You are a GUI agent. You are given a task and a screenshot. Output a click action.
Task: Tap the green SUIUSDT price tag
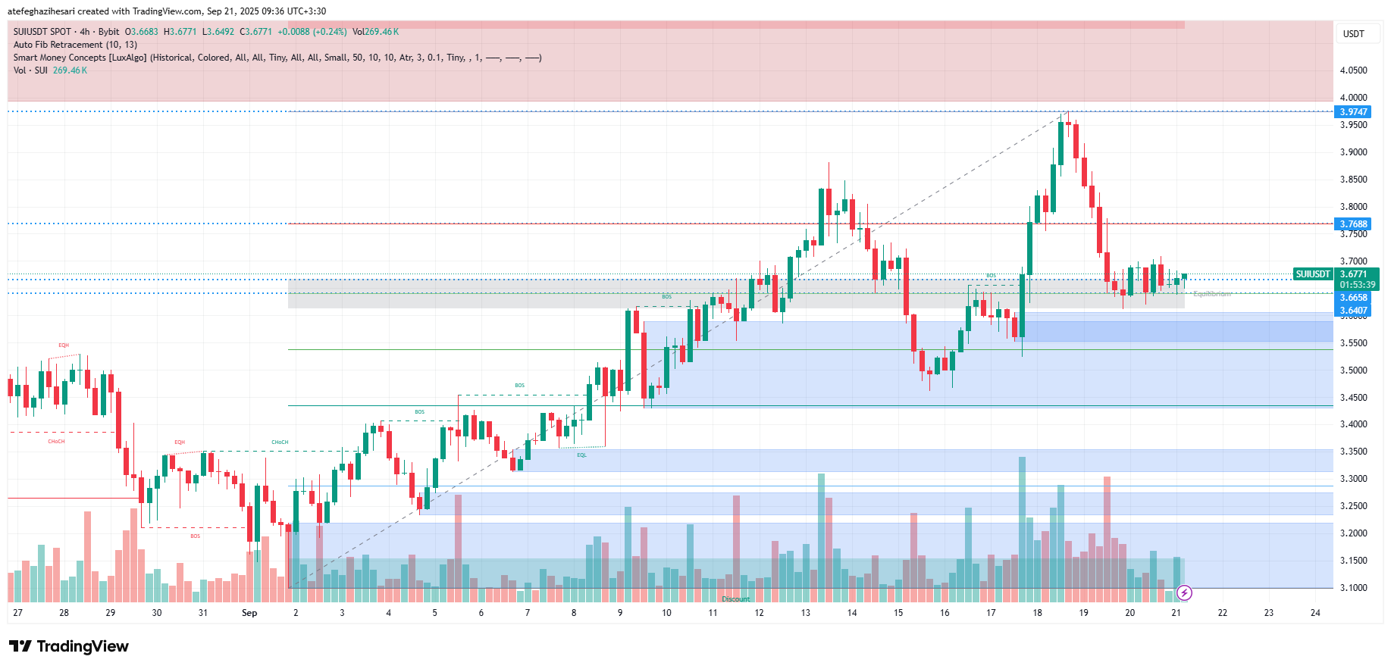1313,274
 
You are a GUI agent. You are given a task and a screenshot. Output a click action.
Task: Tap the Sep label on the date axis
249,613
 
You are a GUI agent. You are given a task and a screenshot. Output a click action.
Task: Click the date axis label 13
805,613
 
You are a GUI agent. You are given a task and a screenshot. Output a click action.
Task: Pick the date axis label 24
1315,613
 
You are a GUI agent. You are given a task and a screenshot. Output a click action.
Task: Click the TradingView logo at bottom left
69,646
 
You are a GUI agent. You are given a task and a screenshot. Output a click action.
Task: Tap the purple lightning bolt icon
1184,592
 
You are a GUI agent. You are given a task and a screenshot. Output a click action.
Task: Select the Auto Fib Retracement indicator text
75,45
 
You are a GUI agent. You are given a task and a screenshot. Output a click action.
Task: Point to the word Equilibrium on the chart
1211,294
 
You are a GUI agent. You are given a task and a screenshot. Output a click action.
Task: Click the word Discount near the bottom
735,599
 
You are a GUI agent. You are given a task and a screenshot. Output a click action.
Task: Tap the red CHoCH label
56,441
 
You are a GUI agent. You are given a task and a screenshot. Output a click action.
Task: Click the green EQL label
581,455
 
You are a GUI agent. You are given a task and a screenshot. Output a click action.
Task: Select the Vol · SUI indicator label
30,70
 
